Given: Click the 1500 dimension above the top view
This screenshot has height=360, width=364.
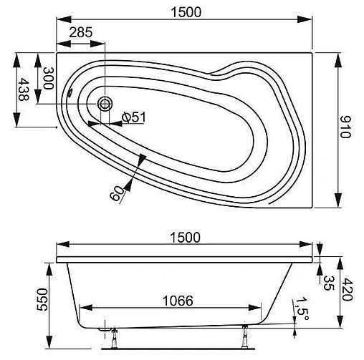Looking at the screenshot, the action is pyautogui.click(x=186, y=12).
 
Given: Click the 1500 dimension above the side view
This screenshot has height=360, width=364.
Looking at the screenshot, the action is pyautogui.click(x=185, y=238).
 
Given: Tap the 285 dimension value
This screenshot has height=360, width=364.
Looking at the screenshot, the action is pyautogui.click(x=81, y=32).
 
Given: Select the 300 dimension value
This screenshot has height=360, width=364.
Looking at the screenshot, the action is pyautogui.click(x=48, y=78).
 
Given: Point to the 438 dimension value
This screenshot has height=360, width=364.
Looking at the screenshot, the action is pyautogui.click(x=24, y=89).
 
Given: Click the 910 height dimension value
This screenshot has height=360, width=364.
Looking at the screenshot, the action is pyautogui.click(x=345, y=127).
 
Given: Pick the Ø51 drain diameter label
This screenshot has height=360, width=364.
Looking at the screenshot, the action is pyautogui.click(x=133, y=117).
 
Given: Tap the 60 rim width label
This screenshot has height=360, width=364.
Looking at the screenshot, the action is pyautogui.click(x=117, y=193).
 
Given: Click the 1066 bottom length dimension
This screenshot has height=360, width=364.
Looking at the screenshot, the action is pyautogui.click(x=178, y=301).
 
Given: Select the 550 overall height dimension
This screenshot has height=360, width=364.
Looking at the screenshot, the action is pyautogui.click(x=42, y=299).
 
